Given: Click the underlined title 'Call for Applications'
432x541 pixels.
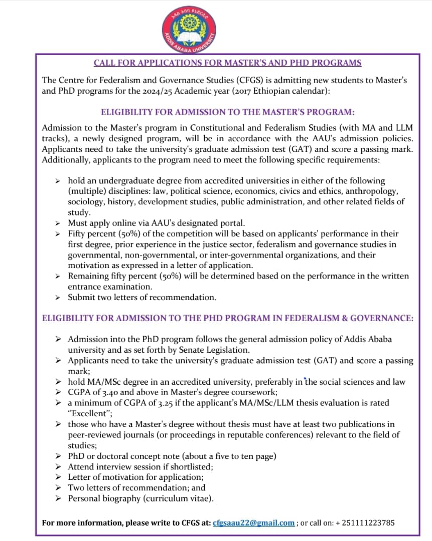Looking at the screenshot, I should pos(227,63).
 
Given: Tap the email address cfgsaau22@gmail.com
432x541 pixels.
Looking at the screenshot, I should pos(253,522).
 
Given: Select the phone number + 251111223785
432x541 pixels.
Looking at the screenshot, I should pos(365,522).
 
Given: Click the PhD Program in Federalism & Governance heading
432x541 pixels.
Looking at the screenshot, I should pos(227,318).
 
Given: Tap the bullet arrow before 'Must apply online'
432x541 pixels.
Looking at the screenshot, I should pos(58,223).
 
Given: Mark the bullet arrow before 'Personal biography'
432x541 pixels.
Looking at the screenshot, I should pos(58,498).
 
